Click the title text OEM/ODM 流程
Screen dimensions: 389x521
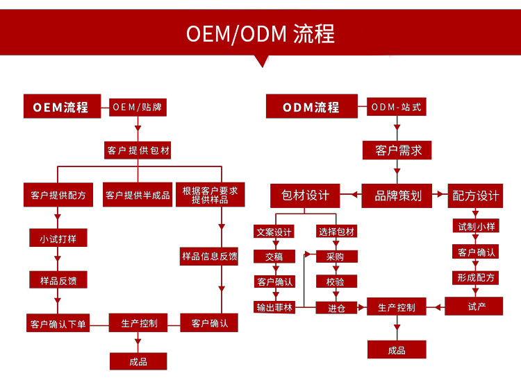(x=260, y=33)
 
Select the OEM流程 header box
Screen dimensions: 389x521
(x=61, y=107)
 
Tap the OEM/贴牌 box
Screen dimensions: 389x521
(x=139, y=107)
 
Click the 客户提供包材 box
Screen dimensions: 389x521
(x=138, y=150)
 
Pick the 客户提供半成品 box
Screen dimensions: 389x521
(x=138, y=195)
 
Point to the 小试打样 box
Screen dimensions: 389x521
(x=58, y=238)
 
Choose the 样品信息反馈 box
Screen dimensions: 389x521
(x=209, y=257)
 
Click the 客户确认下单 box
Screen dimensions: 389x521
(x=58, y=324)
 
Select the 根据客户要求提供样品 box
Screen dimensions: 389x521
(x=209, y=195)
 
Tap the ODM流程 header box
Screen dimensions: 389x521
(x=311, y=107)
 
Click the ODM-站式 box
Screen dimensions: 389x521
(x=397, y=107)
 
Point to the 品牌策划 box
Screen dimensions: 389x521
(x=397, y=196)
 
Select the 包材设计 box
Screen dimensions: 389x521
(x=305, y=196)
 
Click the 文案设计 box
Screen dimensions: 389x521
(x=274, y=232)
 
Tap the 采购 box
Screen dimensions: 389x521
(x=336, y=256)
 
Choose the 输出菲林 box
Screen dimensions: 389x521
(x=274, y=307)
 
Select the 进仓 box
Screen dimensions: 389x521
(x=336, y=307)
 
